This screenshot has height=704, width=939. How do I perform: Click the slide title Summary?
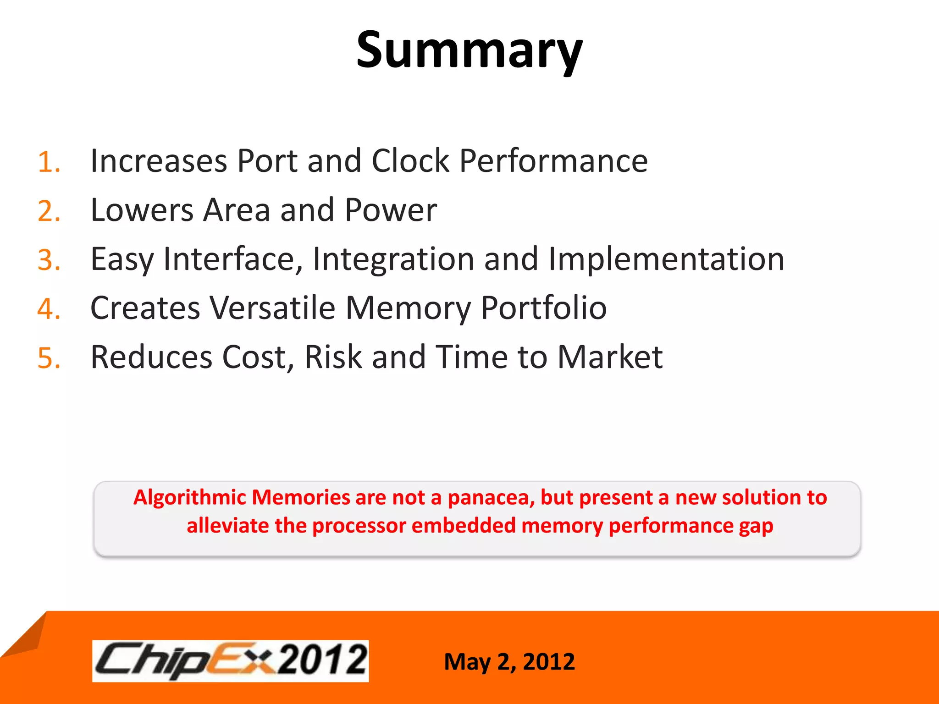(x=469, y=50)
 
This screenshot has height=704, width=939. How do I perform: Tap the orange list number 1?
(x=48, y=162)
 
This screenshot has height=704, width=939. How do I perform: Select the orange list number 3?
(x=48, y=260)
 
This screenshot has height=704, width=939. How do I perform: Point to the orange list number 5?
(x=48, y=358)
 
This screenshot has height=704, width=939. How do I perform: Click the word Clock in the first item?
(x=410, y=161)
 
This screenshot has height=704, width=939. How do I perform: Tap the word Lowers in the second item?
(x=142, y=210)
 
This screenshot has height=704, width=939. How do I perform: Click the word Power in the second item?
(x=391, y=210)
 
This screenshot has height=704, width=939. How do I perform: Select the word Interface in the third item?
(x=233, y=259)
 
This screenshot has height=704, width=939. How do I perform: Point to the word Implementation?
(x=666, y=259)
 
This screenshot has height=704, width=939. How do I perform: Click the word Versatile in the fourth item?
(x=273, y=308)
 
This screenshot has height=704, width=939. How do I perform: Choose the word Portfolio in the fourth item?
(x=544, y=308)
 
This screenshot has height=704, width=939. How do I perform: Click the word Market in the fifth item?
(x=610, y=357)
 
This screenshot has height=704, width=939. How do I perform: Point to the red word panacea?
(x=491, y=498)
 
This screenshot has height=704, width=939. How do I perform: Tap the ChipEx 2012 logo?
(x=231, y=661)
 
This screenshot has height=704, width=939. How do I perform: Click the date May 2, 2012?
(x=509, y=662)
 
